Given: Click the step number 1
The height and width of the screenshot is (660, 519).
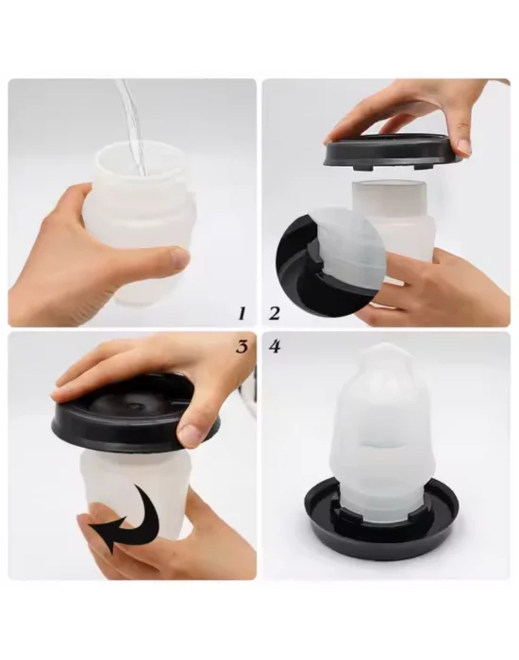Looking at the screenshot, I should click(x=242, y=311).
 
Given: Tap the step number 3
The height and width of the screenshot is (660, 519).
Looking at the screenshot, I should click(x=242, y=346).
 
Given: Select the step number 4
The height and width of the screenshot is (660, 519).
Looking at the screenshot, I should click(x=276, y=346).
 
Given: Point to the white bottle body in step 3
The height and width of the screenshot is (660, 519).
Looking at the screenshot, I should click(x=142, y=490).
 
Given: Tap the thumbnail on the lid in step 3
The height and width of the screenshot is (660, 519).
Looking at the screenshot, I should click(x=192, y=435).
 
